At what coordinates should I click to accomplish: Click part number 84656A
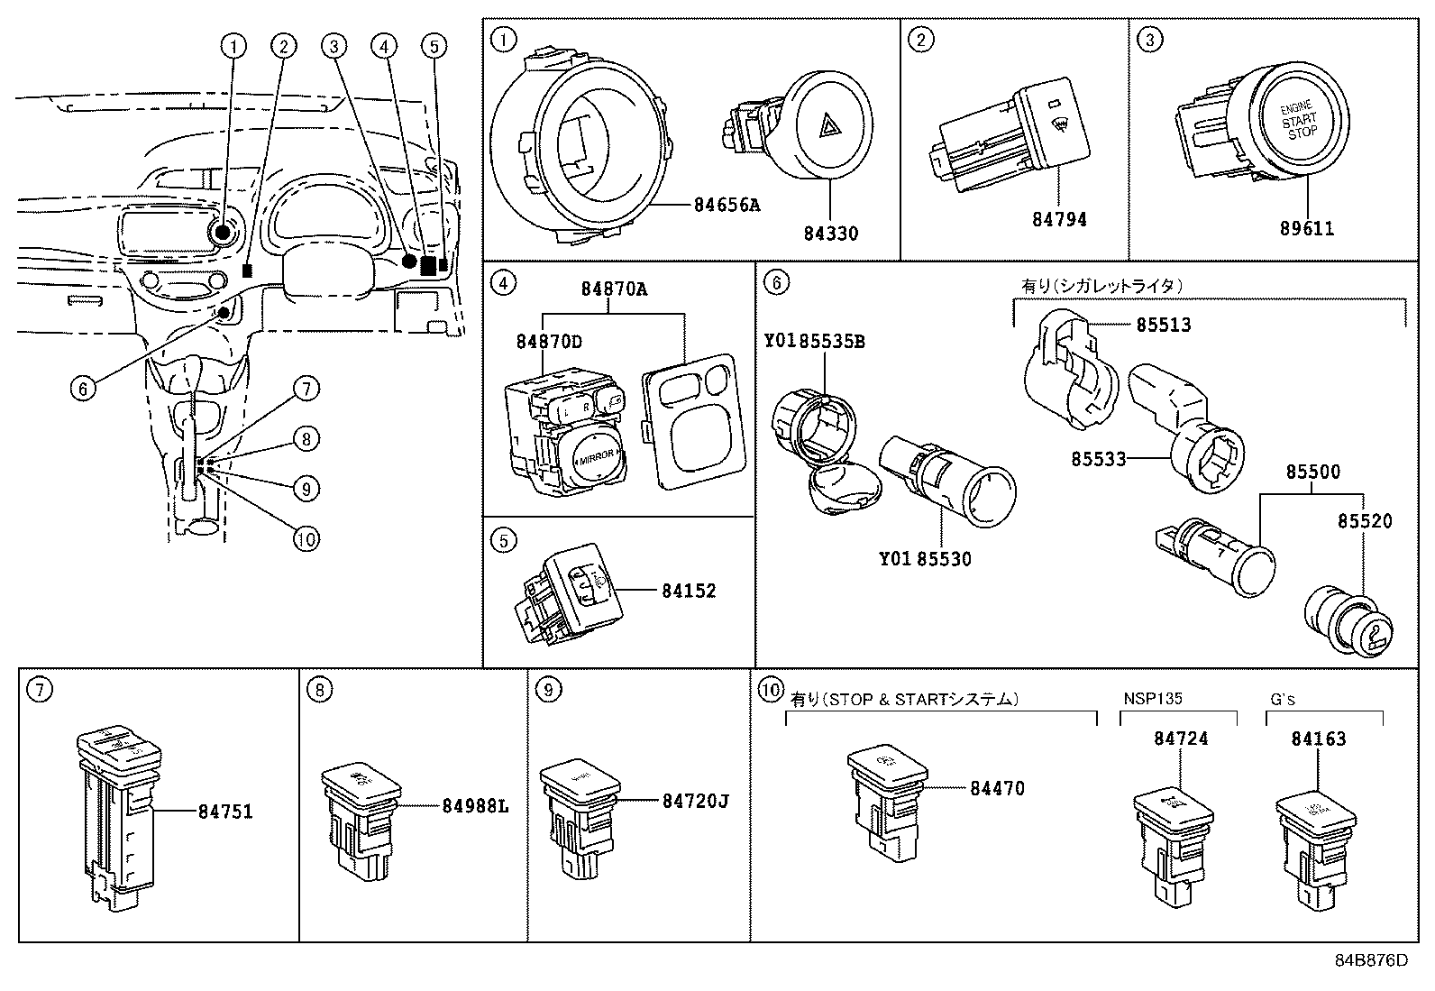pyautogui.click(x=727, y=205)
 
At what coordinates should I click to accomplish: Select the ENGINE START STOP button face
pyautogui.click(x=1299, y=121)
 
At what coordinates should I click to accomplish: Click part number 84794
pyautogui.click(x=1059, y=219)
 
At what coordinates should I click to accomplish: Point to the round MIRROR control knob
pyautogui.click(x=595, y=457)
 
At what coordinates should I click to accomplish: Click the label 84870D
pyautogui.click(x=549, y=342)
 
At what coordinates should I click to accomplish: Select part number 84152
pyautogui.click(x=689, y=591)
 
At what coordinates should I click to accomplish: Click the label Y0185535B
pyautogui.click(x=814, y=343)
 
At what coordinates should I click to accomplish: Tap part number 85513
pyautogui.click(x=1163, y=325)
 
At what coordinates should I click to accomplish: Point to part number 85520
pyautogui.click(x=1364, y=521)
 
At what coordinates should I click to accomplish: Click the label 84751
pyautogui.click(x=225, y=812)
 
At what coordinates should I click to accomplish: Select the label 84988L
pyautogui.click(x=475, y=805)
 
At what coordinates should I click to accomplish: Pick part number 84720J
pyautogui.click(x=695, y=800)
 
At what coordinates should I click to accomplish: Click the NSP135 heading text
pyautogui.click(x=1153, y=699)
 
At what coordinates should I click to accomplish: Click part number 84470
pyautogui.click(x=997, y=788)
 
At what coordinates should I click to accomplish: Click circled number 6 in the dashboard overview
pyautogui.click(x=82, y=389)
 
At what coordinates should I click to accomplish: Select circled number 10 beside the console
pyautogui.click(x=306, y=538)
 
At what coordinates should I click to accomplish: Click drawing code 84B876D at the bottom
pyautogui.click(x=1370, y=959)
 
